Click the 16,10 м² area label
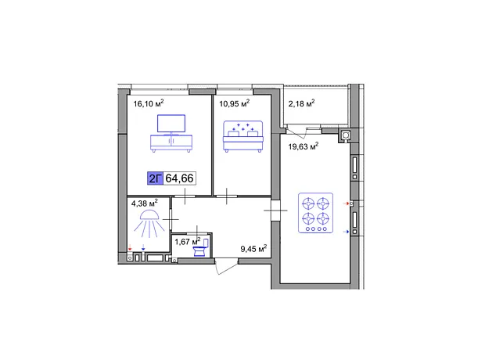[x=149, y=103]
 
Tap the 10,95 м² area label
[x=235, y=103]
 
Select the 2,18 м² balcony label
[x=302, y=103]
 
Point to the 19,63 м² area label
[x=304, y=146]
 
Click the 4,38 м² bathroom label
[x=145, y=203]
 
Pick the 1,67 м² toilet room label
[x=188, y=242]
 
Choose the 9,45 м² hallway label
[x=253, y=249]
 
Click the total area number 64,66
[x=179, y=178]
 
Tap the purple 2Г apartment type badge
[x=155, y=178]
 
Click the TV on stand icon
[x=171, y=133]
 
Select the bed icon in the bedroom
[x=243, y=136]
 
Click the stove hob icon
[x=315, y=213]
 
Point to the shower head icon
[x=149, y=224]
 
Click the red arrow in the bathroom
[x=130, y=247]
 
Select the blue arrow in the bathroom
[x=143, y=247]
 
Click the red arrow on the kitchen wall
[x=346, y=203]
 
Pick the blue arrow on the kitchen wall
[x=346, y=232]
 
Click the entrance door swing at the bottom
[x=226, y=267]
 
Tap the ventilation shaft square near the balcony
[x=346, y=135]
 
